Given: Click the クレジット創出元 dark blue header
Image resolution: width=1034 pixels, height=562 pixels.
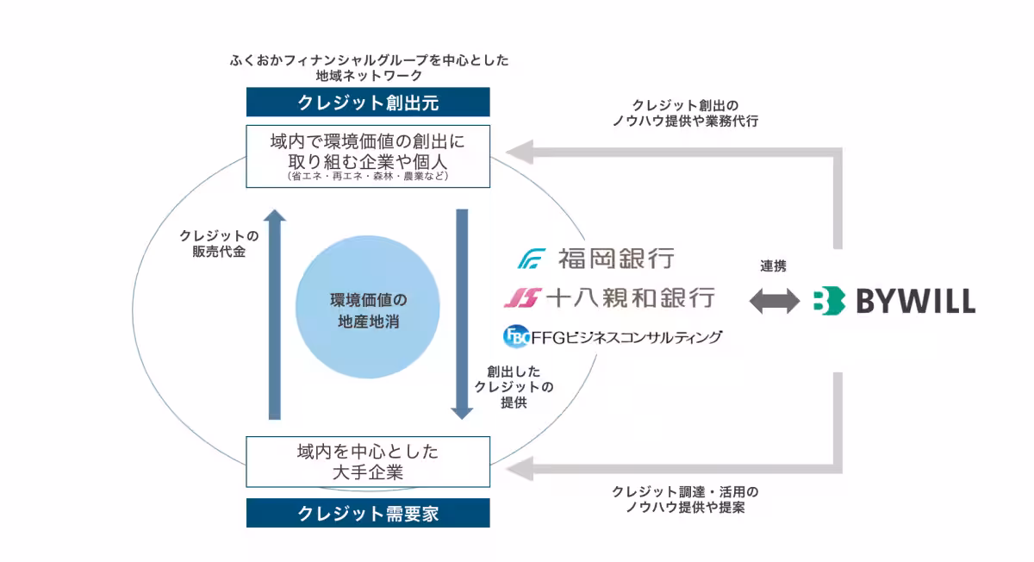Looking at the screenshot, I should (x=368, y=103).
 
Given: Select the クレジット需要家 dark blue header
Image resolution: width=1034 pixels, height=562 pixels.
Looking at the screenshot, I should (x=368, y=513).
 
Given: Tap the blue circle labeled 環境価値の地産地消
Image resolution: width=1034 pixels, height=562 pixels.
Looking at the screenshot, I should (x=369, y=311).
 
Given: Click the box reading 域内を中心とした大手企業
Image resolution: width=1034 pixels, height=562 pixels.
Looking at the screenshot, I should (x=368, y=461).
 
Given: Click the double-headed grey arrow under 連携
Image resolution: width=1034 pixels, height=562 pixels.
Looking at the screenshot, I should (x=774, y=301).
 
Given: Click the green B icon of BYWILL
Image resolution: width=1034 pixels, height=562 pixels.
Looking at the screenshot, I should (x=828, y=301).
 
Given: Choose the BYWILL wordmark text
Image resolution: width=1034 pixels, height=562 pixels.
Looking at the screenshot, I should (x=915, y=301).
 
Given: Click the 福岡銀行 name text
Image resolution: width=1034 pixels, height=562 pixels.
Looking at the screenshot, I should (x=615, y=258).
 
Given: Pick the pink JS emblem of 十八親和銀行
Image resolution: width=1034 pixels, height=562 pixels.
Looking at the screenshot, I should (x=521, y=297).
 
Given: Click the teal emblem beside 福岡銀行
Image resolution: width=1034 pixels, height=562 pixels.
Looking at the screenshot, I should (x=533, y=259).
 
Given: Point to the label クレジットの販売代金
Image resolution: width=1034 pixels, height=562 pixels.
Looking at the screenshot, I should (x=219, y=243).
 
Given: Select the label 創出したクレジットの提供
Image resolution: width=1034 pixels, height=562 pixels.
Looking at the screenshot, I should (x=514, y=386).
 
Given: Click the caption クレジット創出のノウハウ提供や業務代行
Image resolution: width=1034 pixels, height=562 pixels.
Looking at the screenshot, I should (x=685, y=113).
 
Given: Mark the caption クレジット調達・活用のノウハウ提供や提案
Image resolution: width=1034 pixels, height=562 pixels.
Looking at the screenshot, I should (x=685, y=500).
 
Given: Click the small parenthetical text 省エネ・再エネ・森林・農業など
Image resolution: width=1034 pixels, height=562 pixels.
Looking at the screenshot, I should (x=368, y=176).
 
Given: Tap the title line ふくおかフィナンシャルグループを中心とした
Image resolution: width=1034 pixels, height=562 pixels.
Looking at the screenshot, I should (x=369, y=60).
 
